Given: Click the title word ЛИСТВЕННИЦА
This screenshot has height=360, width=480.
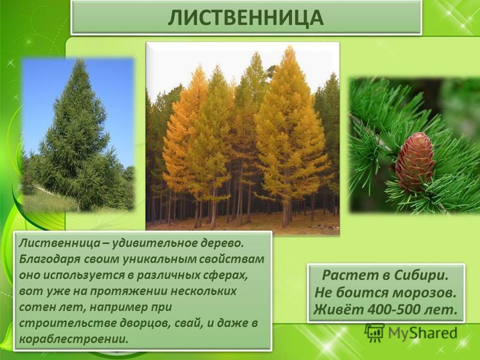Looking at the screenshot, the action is pos(245,17).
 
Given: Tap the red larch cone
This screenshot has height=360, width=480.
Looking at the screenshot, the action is pos(415,161).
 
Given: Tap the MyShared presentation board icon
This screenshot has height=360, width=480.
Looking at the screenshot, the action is pos(374,333).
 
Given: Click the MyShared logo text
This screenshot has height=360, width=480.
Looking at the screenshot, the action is pos(423,333).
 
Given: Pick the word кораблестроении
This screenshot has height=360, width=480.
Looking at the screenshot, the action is pos(73,339).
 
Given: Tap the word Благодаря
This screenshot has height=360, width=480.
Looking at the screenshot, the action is pos(50,259).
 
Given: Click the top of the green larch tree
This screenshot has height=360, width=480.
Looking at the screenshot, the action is pos(80,61).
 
